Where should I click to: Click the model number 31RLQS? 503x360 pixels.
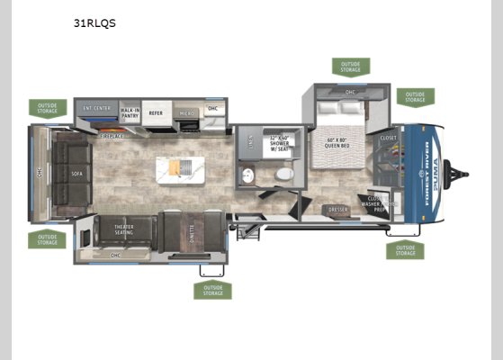pos(94,24)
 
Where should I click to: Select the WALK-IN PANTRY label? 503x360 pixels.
pos(130,112)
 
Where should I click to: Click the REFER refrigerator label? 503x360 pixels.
pos(156,113)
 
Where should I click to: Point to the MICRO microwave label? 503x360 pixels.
pos(186,113)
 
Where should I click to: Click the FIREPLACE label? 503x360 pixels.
pos(112,136)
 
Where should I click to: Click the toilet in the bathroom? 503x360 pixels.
pos(284,173)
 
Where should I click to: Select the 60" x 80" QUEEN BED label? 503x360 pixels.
pos(341,143)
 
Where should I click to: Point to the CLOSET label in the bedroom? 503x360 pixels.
pos(388,138)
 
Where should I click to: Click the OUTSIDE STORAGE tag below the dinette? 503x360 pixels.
pos(212,290)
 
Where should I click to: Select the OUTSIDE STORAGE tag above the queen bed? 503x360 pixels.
pos(350,67)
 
